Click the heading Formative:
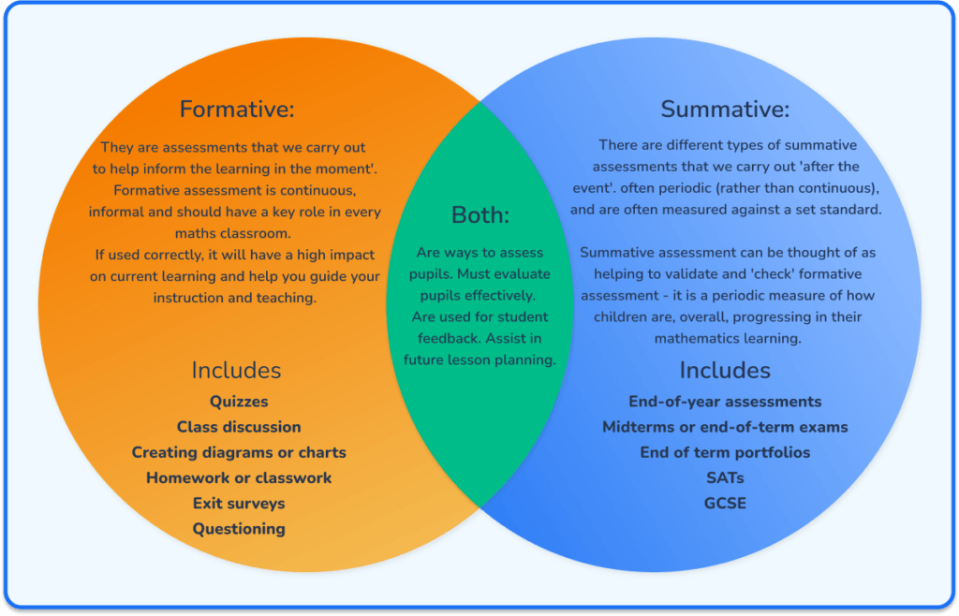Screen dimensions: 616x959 (x=237, y=110)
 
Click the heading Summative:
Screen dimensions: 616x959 (x=725, y=110)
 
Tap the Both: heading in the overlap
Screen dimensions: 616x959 (x=480, y=215)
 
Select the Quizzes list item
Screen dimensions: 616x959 (x=239, y=402)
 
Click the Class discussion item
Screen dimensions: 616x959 (x=239, y=427)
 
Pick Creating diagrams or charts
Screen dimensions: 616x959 (x=239, y=452)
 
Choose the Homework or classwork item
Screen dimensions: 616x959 (x=239, y=477)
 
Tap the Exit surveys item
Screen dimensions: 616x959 (x=239, y=504)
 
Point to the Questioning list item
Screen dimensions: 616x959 (x=239, y=529)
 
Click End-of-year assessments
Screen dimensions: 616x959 (x=725, y=402)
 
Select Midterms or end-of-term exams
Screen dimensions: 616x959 (x=725, y=427)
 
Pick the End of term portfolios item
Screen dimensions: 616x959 (x=725, y=452)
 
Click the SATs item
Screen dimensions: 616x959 (x=725, y=477)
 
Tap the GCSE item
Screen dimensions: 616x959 (x=725, y=504)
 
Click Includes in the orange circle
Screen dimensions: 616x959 (x=236, y=370)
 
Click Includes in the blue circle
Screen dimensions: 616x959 (x=725, y=370)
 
